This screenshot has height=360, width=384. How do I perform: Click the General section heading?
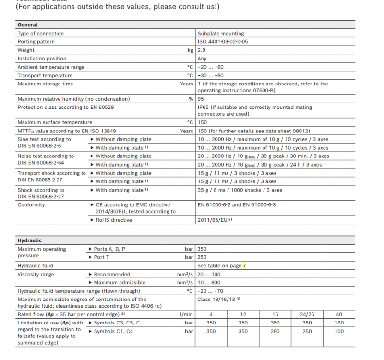click(27, 24)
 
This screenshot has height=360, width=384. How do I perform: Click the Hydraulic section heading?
click(29, 240)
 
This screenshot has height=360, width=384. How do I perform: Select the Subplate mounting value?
click(221, 34)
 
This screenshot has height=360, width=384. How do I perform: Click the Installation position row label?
click(42, 59)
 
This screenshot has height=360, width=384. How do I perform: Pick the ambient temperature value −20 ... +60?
click(210, 67)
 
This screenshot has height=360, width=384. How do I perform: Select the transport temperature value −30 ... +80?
click(210, 75)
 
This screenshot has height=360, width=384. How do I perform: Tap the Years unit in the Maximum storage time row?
click(187, 84)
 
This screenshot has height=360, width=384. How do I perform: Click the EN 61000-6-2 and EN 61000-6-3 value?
click(237, 205)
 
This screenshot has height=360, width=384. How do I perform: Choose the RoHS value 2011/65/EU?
click(213, 220)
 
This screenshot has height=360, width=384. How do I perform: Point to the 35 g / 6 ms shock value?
click(240, 190)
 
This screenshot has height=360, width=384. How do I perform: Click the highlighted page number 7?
click(244, 265)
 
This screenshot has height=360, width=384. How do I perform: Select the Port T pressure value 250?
click(202, 257)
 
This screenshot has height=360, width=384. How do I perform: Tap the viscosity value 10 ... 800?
click(209, 283)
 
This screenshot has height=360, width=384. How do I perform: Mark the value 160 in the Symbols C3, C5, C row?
click(339, 323)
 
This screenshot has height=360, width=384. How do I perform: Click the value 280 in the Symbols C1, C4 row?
click(275, 331)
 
